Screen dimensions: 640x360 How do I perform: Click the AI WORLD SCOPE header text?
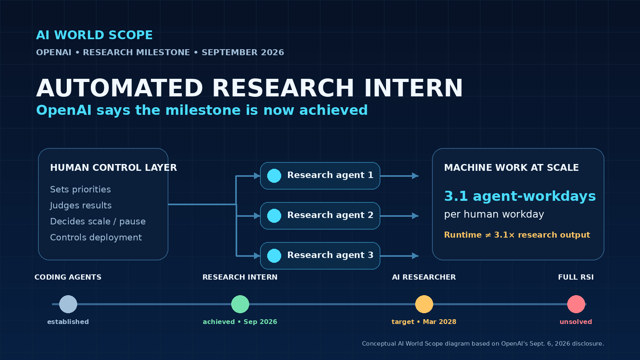point(94,35)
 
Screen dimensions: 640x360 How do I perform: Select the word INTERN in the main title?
point(413,88)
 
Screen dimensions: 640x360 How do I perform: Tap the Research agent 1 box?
point(320,176)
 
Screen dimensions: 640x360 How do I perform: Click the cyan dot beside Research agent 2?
point(274,216)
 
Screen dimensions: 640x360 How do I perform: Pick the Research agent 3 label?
point(330,255)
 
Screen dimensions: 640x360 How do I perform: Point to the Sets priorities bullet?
point(80,190)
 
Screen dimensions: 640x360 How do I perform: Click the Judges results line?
point(80,206)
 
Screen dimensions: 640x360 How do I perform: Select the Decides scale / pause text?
point(98,222)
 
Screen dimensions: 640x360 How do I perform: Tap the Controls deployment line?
point(96,238)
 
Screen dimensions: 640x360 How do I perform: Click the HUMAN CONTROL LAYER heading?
point(114,168)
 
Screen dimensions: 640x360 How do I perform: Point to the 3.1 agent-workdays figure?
point(520,196)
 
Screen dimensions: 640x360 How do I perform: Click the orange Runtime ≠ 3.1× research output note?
point(517,235)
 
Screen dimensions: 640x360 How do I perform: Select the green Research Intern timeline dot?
point(240,304)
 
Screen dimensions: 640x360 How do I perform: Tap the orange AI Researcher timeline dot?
point(424,304)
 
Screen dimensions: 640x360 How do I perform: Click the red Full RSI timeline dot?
point(576,304)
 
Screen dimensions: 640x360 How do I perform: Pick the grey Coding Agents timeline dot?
point(68,304)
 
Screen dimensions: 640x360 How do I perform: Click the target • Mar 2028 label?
point(424,322)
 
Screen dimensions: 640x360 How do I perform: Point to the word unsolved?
point(576,322)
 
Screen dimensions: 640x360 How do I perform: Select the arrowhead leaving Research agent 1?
point(415,176)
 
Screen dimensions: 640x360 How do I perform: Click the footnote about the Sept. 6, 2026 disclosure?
point(483,344)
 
